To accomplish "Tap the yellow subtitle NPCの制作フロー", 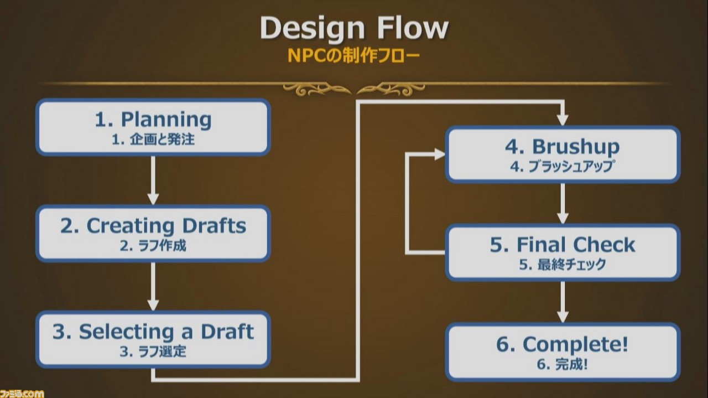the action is point(353,56).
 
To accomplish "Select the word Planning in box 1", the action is point(166,120).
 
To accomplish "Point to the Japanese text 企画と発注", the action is point(162,139).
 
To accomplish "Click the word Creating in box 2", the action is point(130,226).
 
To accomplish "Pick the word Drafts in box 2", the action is point(214,226).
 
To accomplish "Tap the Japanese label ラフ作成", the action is point(162,246).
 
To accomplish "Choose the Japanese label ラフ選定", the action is point(162,352).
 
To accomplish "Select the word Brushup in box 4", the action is point(576,147).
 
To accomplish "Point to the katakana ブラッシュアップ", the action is point(571,167).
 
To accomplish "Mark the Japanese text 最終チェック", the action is point(571,265).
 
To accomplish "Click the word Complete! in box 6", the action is point(575,345).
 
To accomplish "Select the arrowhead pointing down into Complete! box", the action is point(563,317).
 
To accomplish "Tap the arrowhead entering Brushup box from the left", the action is point(440,154).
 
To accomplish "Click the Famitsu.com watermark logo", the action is point(22,394).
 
